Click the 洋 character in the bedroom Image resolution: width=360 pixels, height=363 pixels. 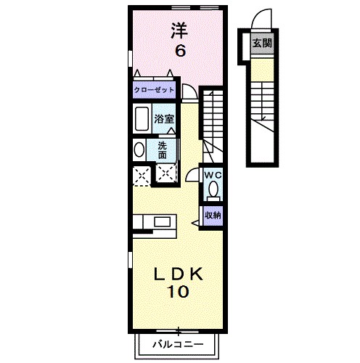179,30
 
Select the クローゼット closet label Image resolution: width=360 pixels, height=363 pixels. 153,91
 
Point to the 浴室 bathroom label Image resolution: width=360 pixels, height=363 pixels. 163,119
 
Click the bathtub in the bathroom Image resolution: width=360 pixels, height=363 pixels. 141,119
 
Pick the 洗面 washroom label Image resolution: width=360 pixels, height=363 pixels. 163,150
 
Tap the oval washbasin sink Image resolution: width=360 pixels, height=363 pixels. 139,150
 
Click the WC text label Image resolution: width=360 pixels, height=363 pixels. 212,176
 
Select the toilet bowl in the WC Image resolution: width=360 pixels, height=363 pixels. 213,190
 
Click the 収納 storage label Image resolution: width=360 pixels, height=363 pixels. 212,214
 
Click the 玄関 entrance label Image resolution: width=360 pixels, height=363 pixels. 261,43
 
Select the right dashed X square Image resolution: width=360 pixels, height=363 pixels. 167,174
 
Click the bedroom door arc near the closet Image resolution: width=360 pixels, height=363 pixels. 189,91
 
